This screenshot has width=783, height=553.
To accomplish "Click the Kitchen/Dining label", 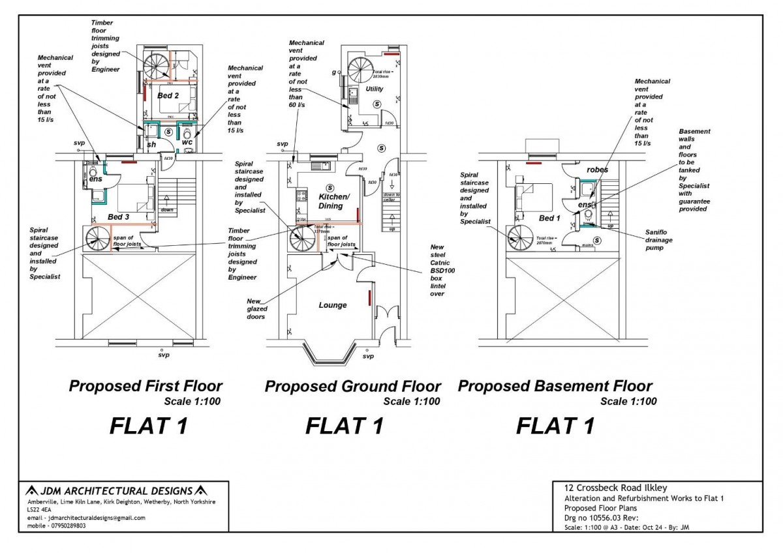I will [x=334, y=201].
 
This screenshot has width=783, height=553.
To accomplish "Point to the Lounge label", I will [x=333, y=305].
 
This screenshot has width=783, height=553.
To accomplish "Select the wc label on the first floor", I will [x=187, y=142].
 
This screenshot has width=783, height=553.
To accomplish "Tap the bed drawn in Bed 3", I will [x=134, y=196].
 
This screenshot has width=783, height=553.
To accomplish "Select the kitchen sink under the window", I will [x=320, y=166].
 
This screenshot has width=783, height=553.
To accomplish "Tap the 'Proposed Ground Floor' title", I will [x=352, y=386].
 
